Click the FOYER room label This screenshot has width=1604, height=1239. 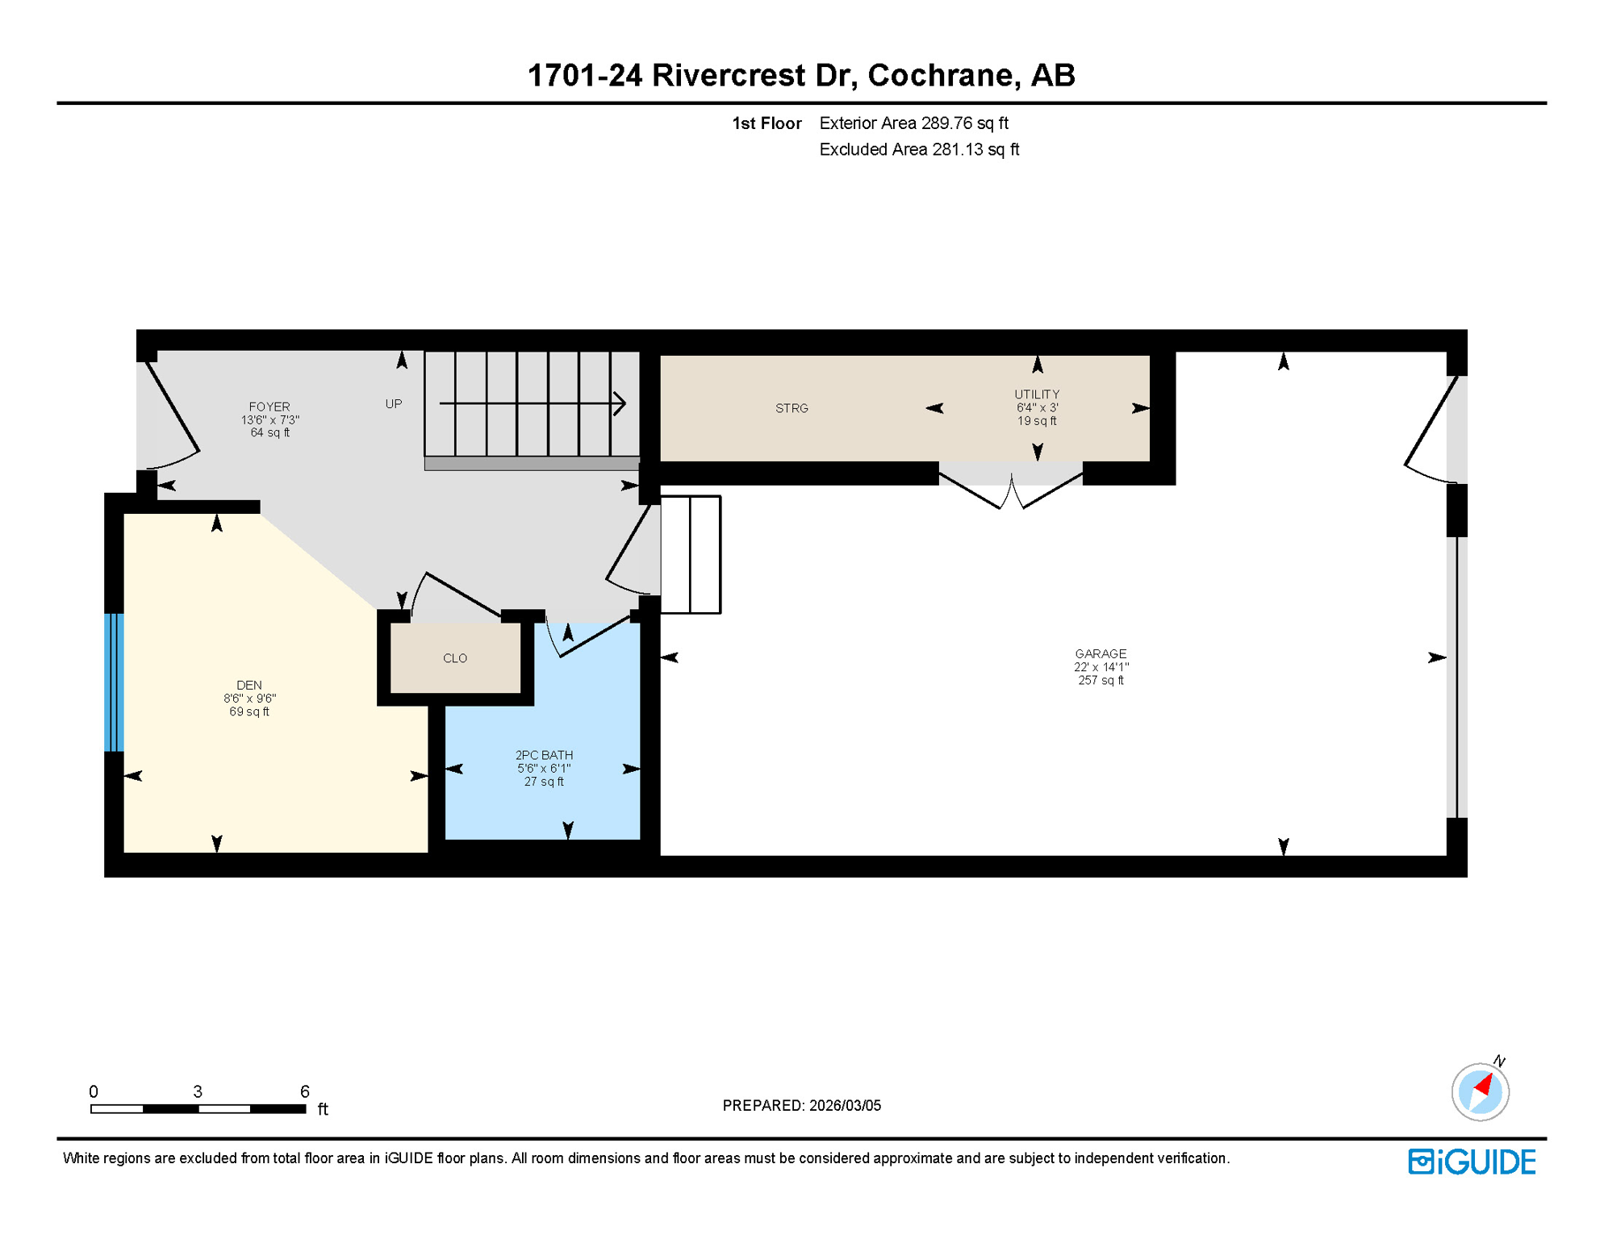(269, 407)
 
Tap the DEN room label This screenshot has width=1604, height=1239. (249, 685)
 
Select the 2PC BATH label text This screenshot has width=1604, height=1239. (544, 755)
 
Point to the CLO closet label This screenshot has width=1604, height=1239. (455, 658)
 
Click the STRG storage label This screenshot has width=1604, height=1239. (792, 408)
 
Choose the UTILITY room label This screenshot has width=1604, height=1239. (1037, 394)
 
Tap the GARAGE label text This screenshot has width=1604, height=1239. (1101, 653)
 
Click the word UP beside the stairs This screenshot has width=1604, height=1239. (394, 404)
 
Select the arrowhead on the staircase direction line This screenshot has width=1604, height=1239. (620, 403)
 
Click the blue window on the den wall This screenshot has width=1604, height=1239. (114, 682)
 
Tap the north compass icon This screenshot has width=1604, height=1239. (1481, 1091)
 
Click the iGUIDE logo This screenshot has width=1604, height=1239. (1472, 1162)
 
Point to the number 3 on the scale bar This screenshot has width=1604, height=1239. (198, 1091)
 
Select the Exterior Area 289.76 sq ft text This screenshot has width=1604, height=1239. (913, 123)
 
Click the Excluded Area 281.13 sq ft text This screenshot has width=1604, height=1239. (919, 149)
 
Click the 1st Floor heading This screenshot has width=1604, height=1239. (766, 123)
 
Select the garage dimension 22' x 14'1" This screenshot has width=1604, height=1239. (1101, 667)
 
